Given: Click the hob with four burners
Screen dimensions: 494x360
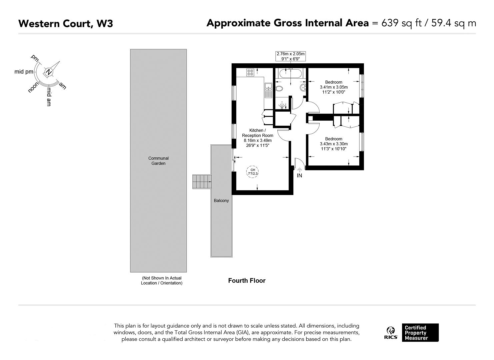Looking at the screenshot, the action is (250, 72).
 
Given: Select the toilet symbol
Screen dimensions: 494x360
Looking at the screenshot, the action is (279, 89).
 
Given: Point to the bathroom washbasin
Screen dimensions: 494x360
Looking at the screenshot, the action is (303, 88).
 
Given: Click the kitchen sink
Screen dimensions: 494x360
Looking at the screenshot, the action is (268, 90).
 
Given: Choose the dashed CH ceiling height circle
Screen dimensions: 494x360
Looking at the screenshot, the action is (253, 172).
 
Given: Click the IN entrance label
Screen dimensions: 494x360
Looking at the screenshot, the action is (299, 176).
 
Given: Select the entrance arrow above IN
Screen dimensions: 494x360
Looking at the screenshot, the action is (299, 170).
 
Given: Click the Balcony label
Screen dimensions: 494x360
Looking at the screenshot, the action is (221, 201).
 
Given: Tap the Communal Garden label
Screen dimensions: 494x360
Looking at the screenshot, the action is (158, 161).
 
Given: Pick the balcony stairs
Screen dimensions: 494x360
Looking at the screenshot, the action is (202, 182).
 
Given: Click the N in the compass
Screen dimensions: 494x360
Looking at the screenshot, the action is (49, 72).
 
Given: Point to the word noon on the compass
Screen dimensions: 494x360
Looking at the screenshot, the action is (34, 87).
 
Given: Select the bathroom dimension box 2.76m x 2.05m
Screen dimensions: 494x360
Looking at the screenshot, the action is (290, 56).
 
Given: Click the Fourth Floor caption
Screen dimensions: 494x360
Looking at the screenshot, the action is (247, 281).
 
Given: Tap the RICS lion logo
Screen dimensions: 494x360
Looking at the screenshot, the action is (391, 333).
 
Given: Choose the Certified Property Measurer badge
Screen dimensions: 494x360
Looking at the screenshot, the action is (420, 333).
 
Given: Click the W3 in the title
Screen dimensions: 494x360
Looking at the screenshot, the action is (105, 24).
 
